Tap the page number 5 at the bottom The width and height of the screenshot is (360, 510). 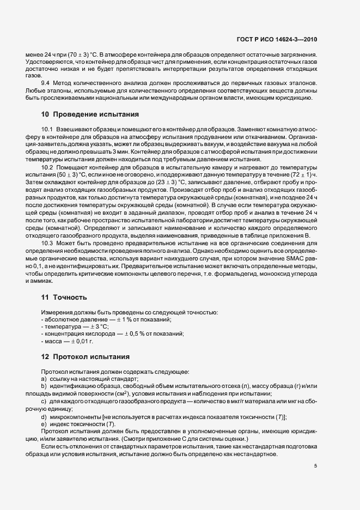(x=316, y=465)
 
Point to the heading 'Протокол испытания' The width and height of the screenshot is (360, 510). (x=90, y=356)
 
